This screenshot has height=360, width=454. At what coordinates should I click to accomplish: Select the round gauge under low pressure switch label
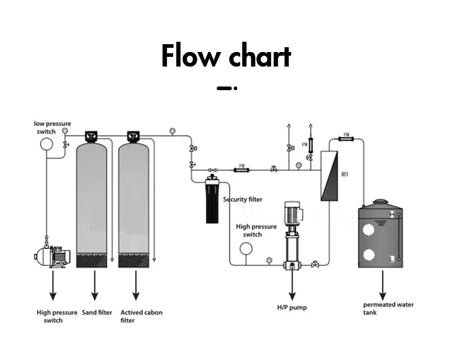pyautogui.click(x=46, y=144)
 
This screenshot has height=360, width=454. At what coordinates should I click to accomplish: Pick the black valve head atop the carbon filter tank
pyautogui.click(x=134, y=136)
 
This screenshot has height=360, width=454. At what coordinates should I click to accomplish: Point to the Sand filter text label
pyautogui.click(x=97, y=313)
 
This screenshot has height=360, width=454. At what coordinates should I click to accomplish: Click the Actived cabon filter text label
pyautogui.click(x=141, y=316)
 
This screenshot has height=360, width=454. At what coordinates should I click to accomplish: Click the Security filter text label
pyautogui.click(x=243, y=200)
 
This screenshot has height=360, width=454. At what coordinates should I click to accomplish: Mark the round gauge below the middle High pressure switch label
pyautogui.click(x=246, y=249)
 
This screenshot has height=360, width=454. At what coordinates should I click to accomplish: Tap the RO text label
pyautogui.click(x=344, y=174)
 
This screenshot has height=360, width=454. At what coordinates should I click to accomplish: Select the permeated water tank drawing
pyautogui.click(x=380, y=236)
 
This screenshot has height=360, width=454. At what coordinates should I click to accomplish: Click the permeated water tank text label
pyautogui.click(x=388, y=308)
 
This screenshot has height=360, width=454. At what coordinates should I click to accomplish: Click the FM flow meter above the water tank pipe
pyautogui.click(x=346, y=139)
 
